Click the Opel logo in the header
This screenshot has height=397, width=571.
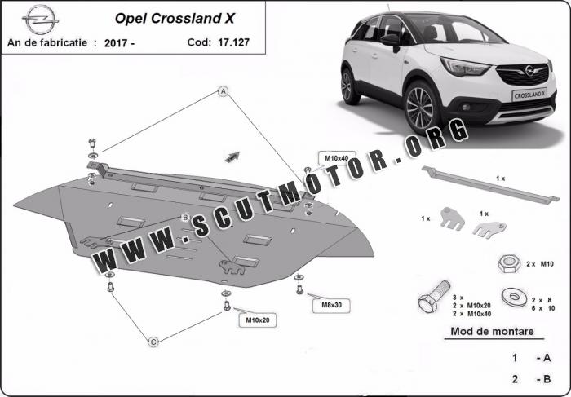40,20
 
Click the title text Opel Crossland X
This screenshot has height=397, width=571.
175,19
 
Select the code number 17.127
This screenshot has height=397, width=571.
234,42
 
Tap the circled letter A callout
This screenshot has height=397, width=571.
224,91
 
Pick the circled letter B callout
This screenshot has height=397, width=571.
185,218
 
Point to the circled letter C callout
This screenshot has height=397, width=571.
153,342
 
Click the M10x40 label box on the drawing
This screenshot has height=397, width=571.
336,158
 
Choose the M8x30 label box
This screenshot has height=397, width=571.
331,306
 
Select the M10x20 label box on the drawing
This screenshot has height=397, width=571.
258,320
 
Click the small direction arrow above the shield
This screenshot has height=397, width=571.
232,157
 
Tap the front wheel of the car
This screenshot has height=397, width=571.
421,108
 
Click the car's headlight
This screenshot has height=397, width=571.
464,67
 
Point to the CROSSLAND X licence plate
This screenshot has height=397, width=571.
529,94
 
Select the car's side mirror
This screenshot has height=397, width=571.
391,41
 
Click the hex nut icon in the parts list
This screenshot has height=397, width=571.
509,264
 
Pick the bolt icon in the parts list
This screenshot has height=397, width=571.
433,296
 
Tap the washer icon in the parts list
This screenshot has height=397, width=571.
514,297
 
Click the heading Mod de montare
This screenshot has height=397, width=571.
492,332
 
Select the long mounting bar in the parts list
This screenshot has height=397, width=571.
490,185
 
